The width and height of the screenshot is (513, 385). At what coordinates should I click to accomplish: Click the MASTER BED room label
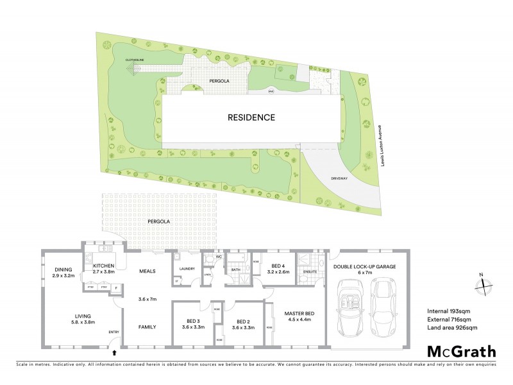tap(298, 313)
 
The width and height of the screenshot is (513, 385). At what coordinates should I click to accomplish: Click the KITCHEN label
tap(103, 265)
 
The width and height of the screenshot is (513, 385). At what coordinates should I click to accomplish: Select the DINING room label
tap(63, 269)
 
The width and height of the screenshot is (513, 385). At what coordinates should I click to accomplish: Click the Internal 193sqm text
tap(449, 311)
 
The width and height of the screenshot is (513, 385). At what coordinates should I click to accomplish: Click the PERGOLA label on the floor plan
tap(158, 221)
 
